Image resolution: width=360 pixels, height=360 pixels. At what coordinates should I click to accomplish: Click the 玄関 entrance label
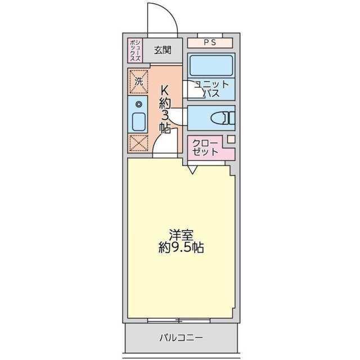[163, 50]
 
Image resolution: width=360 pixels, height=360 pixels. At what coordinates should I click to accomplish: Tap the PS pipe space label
[209, 42]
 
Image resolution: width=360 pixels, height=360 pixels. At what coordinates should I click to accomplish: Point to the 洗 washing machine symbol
[138, 79]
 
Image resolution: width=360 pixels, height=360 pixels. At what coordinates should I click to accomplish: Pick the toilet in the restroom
[224, 118]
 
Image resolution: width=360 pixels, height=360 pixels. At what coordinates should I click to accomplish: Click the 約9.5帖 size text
[180, 247]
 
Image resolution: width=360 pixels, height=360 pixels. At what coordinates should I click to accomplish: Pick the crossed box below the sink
[138, 143]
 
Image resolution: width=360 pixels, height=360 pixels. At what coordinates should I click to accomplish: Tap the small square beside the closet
[231, 139]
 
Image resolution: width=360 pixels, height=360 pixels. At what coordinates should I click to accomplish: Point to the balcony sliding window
[179, 321]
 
